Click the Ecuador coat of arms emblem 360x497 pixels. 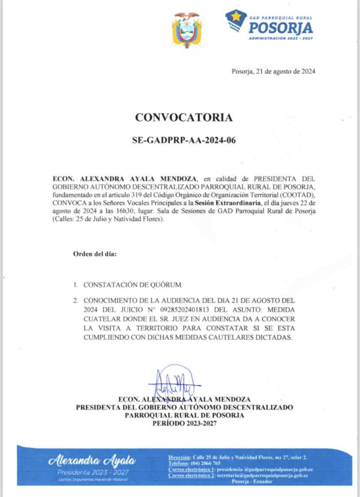(x=186, y=30)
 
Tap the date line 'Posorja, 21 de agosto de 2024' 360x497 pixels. (x=273, y=71)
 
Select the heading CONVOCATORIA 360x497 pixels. (x=184, y=118)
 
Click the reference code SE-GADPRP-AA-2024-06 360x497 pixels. (x=184, y=140)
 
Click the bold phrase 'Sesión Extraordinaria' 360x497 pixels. (x=228, y=203)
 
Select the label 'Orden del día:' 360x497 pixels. (x=95, y=254)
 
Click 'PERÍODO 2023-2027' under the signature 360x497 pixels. (x=184, y=423)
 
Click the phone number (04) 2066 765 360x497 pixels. (x=206, y=463)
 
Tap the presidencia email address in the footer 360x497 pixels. (x=265, y=469)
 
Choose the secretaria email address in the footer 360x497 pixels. (x=262, y=475)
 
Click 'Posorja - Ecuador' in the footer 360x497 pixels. (x=252, y=481)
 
